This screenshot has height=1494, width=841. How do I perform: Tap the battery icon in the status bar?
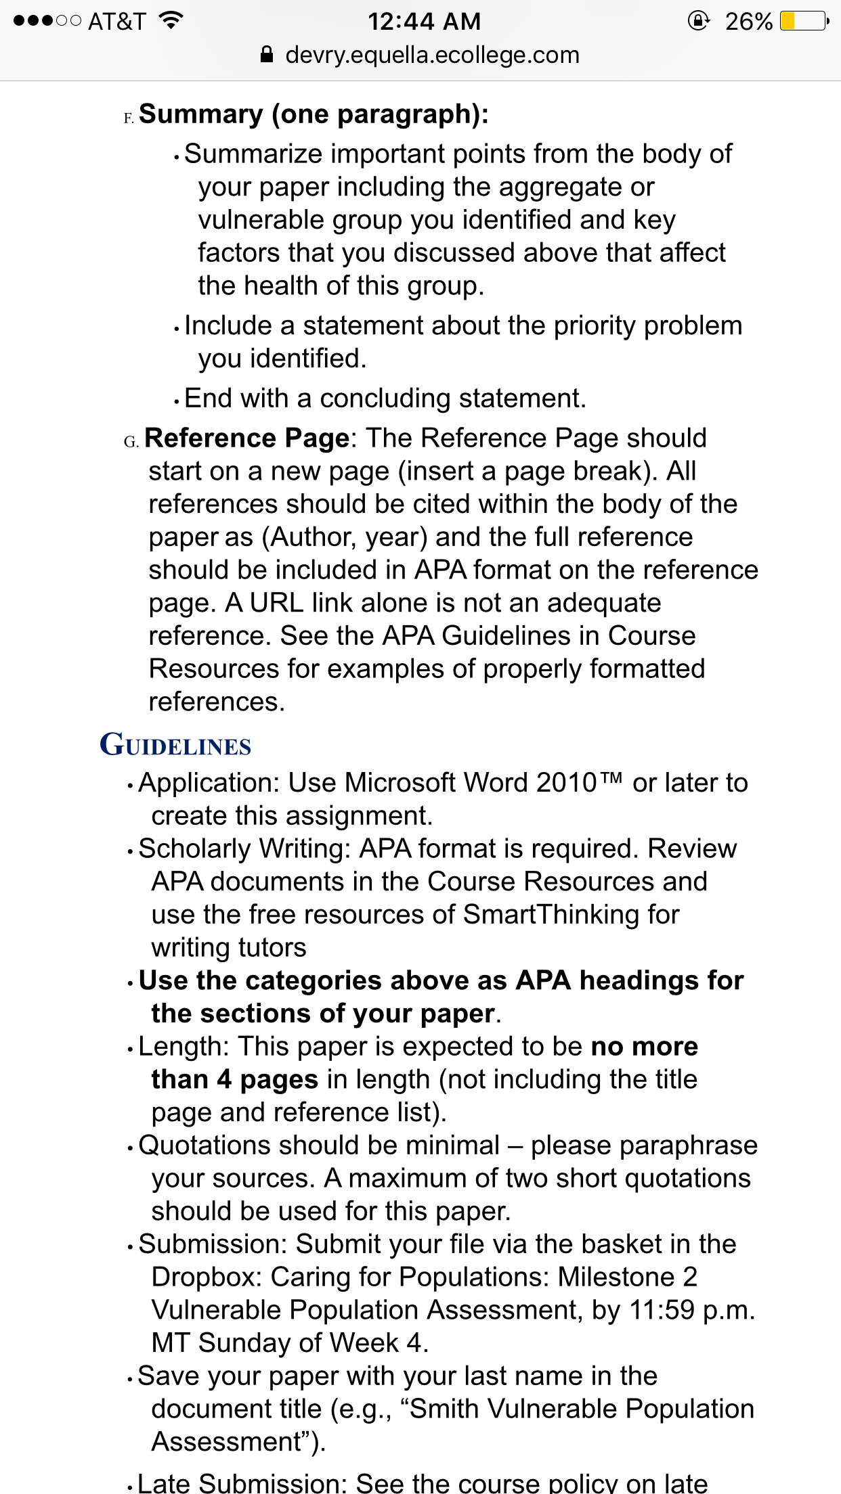pyautogui.click(x=804, y=22)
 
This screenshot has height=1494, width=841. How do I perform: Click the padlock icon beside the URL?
pyautogui.click(x=267, y=55)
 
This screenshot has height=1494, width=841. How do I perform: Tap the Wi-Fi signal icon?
pyautogui.click(x=171, y=21)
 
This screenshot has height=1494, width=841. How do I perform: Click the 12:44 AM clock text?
pyautogui.click(x=424, y=22)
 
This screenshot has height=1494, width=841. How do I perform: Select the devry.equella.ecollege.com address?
pyautogui.click(x=432, y=55)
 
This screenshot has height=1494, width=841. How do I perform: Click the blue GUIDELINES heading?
pyautogui.click(x=175, y=746)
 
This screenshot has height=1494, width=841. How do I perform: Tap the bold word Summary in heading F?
pyautogui.click(x=200, y=114)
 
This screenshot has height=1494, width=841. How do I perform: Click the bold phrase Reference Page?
pyautogui.click(x=246, y=438)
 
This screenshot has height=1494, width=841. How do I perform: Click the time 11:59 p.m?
pyautogui.click(x=691, y=1311)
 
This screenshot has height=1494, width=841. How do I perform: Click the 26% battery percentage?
pyautogui.click(x=748, y=22)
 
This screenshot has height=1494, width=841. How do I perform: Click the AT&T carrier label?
pyautogui.click(x=116, y=22)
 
